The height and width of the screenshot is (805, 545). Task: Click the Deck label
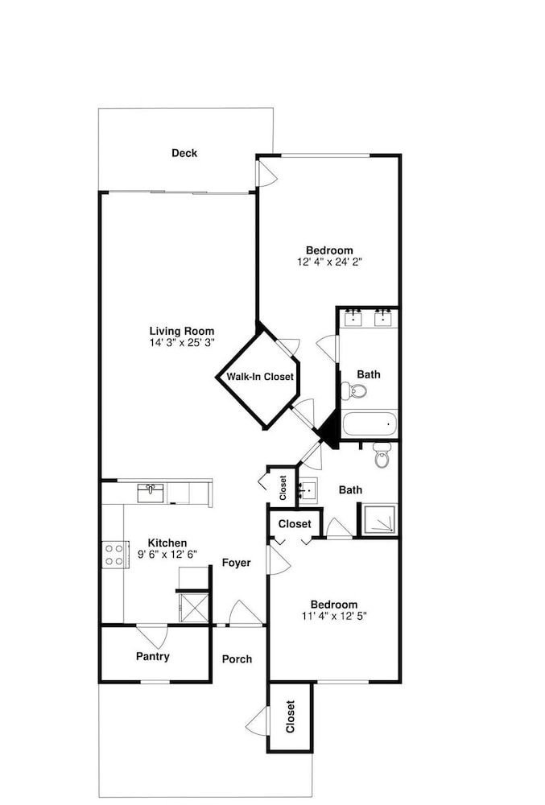tap(184, 153)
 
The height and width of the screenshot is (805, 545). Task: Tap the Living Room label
tap(182, 331)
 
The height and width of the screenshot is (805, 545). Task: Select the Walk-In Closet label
tap(260, 377)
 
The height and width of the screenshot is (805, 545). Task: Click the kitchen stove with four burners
tap(115, 555)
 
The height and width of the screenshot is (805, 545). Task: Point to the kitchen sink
tap(151, 493)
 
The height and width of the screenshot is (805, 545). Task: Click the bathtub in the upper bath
tap(370, 423)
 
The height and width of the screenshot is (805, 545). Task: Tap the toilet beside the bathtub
tap(353, 391)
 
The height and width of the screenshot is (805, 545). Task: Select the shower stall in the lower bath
tap(379, 519)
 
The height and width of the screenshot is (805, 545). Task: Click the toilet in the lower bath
tap(382, 455)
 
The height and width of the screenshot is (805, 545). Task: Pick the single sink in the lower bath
tap(308, 491)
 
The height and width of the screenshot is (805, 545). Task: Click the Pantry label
tap(152, 656)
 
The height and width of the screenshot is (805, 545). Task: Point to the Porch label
tap(237, 659)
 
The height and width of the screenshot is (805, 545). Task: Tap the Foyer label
tap(236, 563)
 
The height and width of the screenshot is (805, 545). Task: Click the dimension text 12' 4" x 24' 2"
tap(330, 262)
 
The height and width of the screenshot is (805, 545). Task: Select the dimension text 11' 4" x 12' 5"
tap(335, 616)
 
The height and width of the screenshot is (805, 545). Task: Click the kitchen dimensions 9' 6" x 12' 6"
tap(167, 554)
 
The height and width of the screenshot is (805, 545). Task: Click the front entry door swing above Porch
tap(246, 613)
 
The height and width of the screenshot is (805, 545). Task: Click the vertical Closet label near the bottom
tap(291, 716)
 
